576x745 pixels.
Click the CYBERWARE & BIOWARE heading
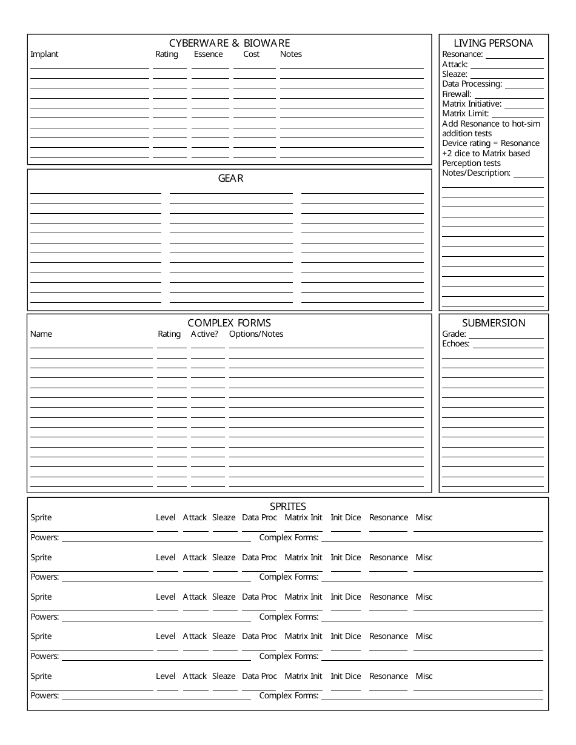[229, 43]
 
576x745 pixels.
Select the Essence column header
[208, 55]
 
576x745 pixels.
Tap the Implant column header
[44, 55]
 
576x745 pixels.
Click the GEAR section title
[230, 179]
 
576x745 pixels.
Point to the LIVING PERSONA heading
[494, 43]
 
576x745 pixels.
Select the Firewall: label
[457, 94]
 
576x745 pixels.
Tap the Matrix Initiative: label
[472, 104]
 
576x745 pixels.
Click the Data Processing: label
[472, 84]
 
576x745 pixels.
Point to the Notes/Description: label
[476, 173]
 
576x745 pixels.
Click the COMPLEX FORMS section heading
[229, 323]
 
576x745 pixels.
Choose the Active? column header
[204, 334]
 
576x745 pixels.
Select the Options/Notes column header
[256, 334]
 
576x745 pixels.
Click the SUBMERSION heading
[494, 323]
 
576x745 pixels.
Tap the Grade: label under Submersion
[454, 334]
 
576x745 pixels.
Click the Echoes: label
[456, 344]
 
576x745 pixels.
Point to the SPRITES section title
[288, 506]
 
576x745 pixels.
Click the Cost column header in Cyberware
[251, 55]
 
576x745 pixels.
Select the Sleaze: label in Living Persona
[455, 74]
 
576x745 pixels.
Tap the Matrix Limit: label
[465, 114]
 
